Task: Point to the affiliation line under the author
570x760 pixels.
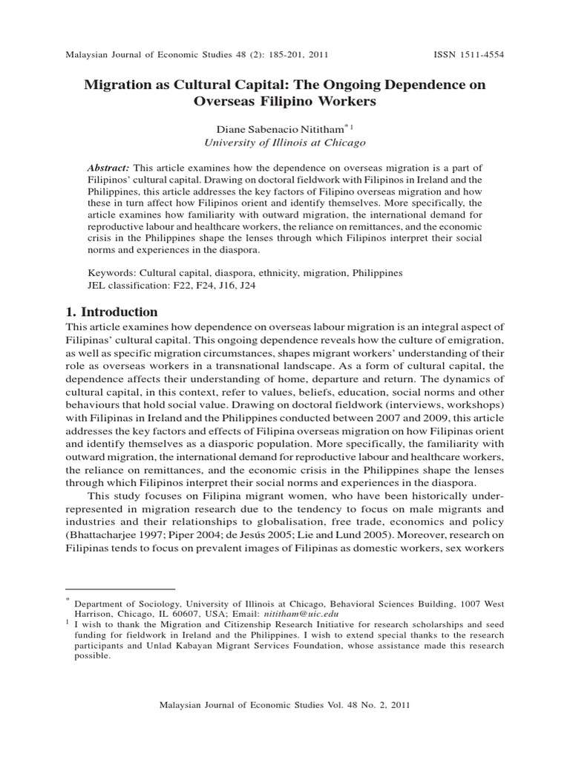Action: click(x=285, y=142)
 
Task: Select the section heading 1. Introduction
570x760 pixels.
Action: click(x=111, y=312)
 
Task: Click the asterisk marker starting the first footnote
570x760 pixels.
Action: click(x=68, y=600)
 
